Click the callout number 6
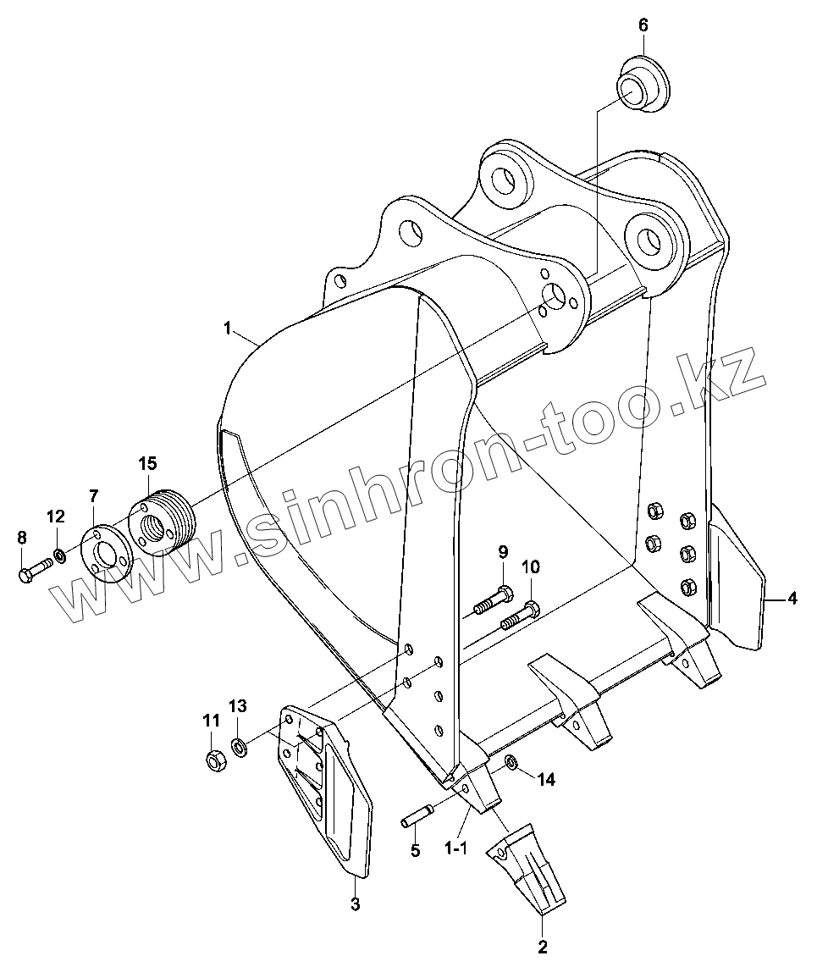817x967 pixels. coord(643,25)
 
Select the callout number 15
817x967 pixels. coord(147,463)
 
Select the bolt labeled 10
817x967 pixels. coord(519,616)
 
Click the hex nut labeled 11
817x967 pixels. coord(214,757)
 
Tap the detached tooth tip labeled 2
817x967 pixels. coord(527,865)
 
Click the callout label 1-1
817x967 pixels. coord(455,847)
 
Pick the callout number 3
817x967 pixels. coord(356,904)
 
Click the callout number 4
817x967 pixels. coord(792,599)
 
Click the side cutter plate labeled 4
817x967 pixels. coord(735,584)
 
